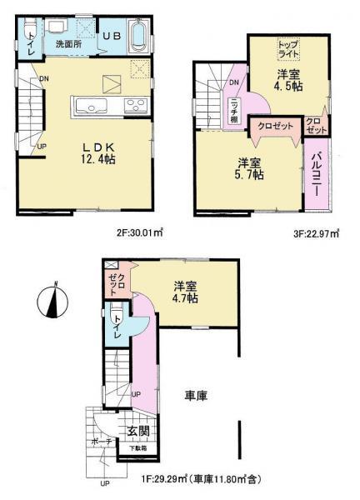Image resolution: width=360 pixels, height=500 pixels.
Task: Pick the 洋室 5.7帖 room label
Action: click(x=248, y=169)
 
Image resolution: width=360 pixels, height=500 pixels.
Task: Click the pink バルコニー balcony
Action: click(x=317, y=173)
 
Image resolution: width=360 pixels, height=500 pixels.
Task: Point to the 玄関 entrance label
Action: click(x=137, y=432)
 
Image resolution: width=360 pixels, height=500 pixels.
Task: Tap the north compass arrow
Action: click(x=52, y=299)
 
